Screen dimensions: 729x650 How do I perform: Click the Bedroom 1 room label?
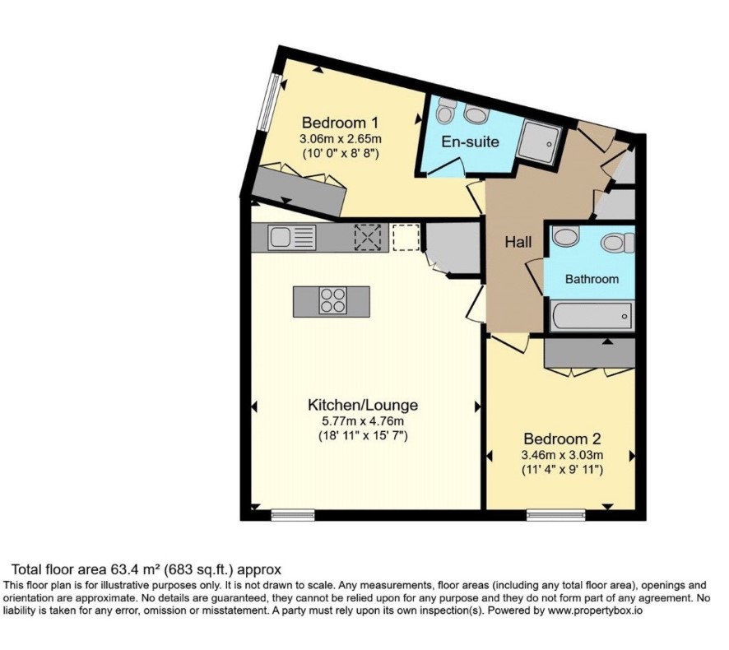340,123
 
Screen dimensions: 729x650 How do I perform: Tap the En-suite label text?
470,142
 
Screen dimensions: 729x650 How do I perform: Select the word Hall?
518,242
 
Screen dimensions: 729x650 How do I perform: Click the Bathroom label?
592,279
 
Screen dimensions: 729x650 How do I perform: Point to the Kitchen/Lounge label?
363,405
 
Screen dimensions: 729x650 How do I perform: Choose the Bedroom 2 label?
562,439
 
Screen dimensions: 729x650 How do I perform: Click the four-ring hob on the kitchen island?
333,301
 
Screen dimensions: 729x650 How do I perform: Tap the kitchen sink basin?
280,237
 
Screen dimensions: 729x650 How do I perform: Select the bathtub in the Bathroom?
591,316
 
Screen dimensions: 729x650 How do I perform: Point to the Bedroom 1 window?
269,104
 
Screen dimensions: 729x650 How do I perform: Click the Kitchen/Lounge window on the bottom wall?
293,515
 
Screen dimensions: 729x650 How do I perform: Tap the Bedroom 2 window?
556,515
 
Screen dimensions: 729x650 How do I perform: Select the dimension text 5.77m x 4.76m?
363,422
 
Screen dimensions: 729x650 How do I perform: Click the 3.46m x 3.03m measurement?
562,455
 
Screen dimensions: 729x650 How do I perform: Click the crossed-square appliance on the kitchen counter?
368,237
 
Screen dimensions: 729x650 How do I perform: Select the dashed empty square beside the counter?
406,237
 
